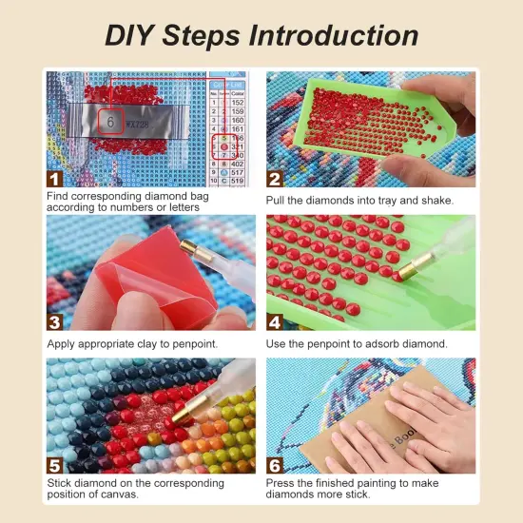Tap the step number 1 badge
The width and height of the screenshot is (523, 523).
coord(55,178)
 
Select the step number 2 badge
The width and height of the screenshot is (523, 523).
coord(276,178)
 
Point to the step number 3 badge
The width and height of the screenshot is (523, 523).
coord(55,321)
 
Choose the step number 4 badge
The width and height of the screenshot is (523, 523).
coord(276,321)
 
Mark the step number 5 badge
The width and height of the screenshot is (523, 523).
coord(55,464)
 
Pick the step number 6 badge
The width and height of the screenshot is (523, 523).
coord(276,464)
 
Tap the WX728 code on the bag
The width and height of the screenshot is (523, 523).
coord(140,123)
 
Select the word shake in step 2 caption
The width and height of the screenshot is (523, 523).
coord(432,201)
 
